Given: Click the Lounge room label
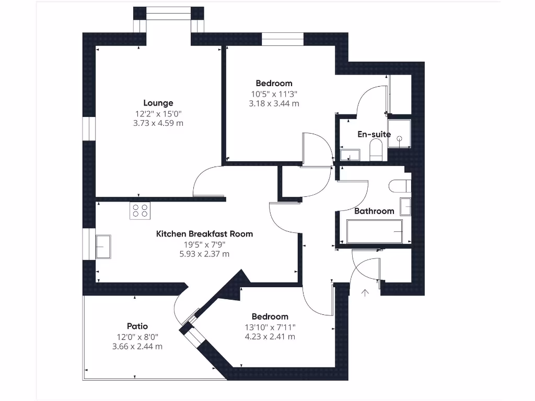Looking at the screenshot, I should (x=158, y=103).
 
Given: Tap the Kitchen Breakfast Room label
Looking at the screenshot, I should (x=204, y=234).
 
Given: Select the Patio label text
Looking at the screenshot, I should (x=137, y=326).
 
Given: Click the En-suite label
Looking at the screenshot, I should (x=374, y=134).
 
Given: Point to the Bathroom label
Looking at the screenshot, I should (x=374, y=211).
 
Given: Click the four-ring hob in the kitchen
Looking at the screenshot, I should (x=140, y=210).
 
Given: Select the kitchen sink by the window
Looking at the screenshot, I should (x=103, y=246).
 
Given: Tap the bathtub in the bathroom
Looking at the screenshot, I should (x=375, y=231).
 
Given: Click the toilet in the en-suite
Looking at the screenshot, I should (x=376, y=150).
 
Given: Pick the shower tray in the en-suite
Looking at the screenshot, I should (x=399, y=134).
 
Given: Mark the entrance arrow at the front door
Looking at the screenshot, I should (x=365, y=293).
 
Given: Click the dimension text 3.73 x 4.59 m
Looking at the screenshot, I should (x=158, y=123).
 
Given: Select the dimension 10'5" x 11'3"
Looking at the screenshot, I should (x=274, y=94).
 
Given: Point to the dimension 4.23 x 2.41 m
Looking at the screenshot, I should (x=270, y=337).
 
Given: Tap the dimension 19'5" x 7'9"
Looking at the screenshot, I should (x=204, y=244).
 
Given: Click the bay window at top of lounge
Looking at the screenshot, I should (x=168, y=14).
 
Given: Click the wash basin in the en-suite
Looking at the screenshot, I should (x=350, y=155).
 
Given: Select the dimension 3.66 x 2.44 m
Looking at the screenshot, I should (x=137, y=347).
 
